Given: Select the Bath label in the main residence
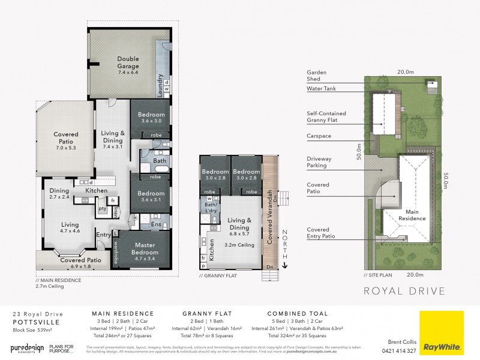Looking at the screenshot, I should [160, 161].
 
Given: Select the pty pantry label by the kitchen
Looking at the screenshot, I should [103, 209].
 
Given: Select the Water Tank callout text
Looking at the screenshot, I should [322, 89].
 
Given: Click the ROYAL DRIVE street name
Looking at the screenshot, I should [405, 292].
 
